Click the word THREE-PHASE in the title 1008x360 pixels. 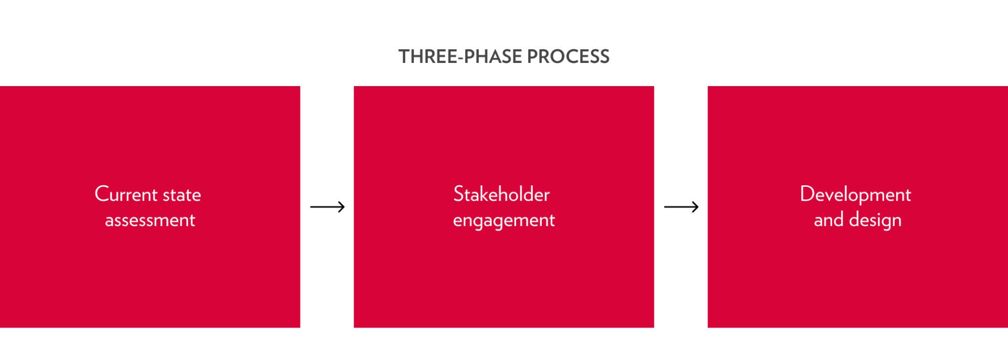pyautogui.click(x=460, y=57)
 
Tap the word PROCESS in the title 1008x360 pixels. pyautogui.click(x=569, y=57)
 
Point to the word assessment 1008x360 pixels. pyautogui.click(x=150, y=220)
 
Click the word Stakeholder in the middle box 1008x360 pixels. pyautogui.click(x=501, y=194)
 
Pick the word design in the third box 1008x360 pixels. pyautogui.click(x=875, y=220)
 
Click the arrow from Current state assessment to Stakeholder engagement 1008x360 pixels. pyautogui.click(x=328, y=207)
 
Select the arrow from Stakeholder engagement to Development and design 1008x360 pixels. pyautogui.click(x=681, y=207)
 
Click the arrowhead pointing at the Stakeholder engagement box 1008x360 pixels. pyautogui.click(x=341, y=207)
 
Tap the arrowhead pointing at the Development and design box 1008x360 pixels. pyautogui.click(x=695, y=207)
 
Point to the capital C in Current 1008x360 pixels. pyautogui.click(x=102, y=194)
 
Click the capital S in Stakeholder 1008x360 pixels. pyautogui.click(x=458, y=194)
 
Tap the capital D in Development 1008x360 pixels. pyautogui.click(x=807, y=194)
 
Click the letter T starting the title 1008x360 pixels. pyautogui.click(x=404, y=57)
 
